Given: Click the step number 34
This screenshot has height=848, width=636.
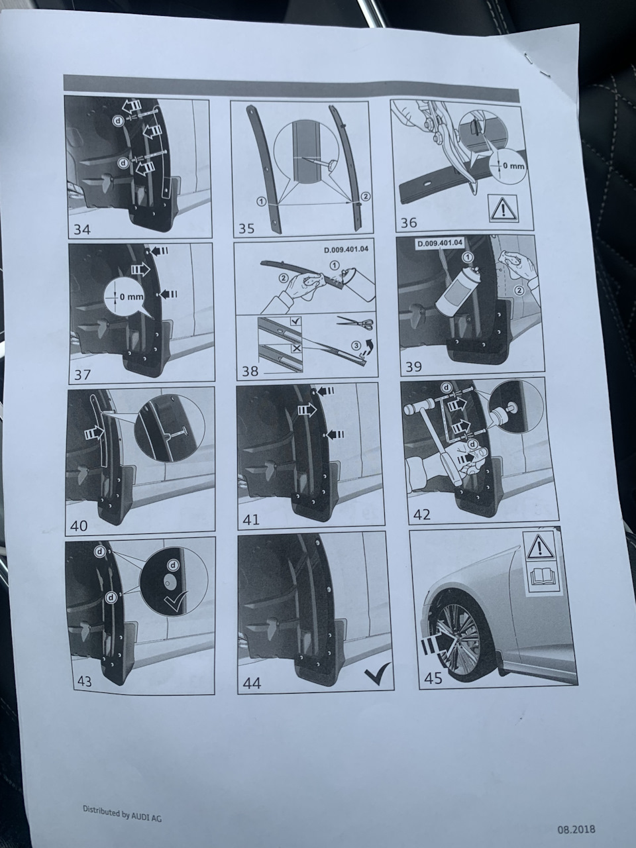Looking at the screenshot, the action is tap(82, 229).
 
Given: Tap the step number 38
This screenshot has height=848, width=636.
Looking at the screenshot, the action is tap(250, 371).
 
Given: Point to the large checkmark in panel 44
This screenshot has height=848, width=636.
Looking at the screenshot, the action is tap(378, 673).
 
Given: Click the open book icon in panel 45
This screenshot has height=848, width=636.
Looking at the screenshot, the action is tap(542, 577).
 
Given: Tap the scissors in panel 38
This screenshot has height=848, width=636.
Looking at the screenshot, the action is tap(355, 323).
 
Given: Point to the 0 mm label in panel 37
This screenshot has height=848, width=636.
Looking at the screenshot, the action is tap(131, 297).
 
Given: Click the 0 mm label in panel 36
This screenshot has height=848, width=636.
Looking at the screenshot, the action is tap(513, 166).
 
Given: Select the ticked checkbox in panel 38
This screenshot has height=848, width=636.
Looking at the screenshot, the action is tap(295, 321).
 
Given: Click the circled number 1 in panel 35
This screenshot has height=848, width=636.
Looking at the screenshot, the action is tap(262, 201).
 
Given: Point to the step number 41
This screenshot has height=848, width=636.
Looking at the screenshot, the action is tap(251, 519).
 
